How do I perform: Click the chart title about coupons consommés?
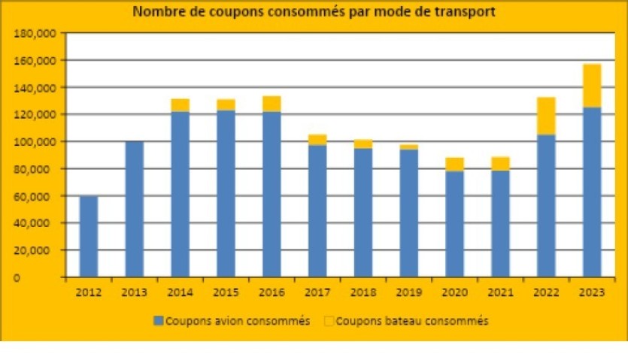pos(314,12)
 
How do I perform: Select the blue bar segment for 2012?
pos(89,236)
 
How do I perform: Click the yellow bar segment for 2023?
pos(592,86)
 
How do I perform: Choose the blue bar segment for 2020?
pos(454,224)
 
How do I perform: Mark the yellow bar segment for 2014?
pos(180,105)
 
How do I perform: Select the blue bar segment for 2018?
pos(363,212)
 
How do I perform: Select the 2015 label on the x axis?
pos(226,290)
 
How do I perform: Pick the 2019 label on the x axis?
pos(409,290)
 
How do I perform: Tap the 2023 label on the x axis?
pos(592,290)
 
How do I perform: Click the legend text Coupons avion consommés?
pos(238,321)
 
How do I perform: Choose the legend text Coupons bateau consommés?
pos(412,321)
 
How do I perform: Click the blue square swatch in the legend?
pos(158,321)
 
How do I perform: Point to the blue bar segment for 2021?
pos(500,224)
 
